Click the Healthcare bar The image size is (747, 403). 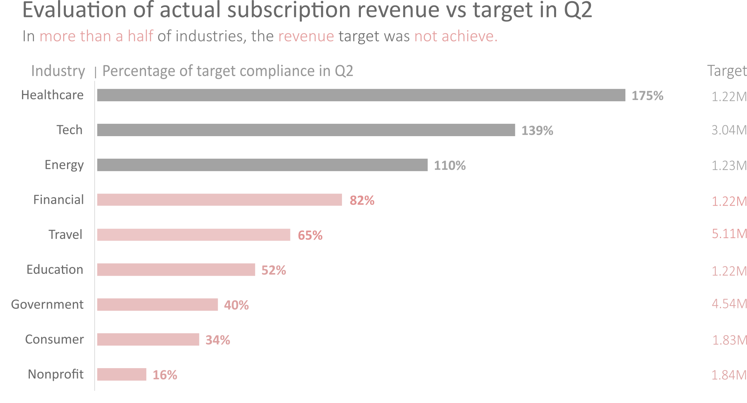click(x=361, y=95)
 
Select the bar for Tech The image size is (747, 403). click(x=306, y=130)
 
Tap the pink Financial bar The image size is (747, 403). click(x=220, y=200)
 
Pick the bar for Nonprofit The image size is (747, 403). click(x=122, y=374)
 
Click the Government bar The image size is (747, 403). click(x=157, y=304)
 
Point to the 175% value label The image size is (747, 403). click(x=647, y=96)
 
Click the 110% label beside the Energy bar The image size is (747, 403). click(x=450, y=166)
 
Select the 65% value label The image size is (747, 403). click(x=310, y=235)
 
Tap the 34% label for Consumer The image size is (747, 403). click(x=218, y=340)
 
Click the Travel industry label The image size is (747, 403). click(x=65, y=235)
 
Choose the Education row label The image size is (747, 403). click(x=55, y=270)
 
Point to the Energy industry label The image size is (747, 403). click(x=64, y=165)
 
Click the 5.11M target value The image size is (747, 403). click(x=729, y=233)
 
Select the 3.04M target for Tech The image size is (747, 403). click(x=729, y=130)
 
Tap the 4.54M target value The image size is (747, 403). click(x=729, y=304)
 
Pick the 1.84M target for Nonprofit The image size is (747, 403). click(x=729, y=375)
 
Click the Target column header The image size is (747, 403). click(x=726, y=71)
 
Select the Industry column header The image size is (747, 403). click(x=58, y=71)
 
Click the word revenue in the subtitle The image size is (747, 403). click(x=306, y=36)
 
